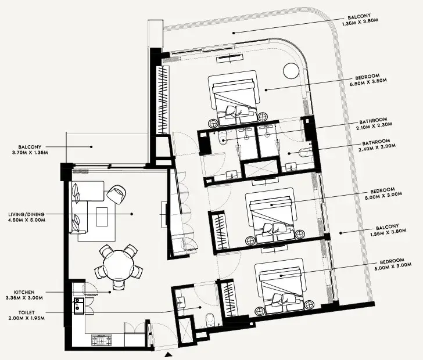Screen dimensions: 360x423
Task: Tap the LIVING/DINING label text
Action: pyautogui.click(x=23, y=217)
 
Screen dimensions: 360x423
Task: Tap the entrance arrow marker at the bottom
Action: pyautogui.click(x=169, y=353)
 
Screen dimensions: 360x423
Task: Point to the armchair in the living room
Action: pyautogui.click(x=116, y=193)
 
